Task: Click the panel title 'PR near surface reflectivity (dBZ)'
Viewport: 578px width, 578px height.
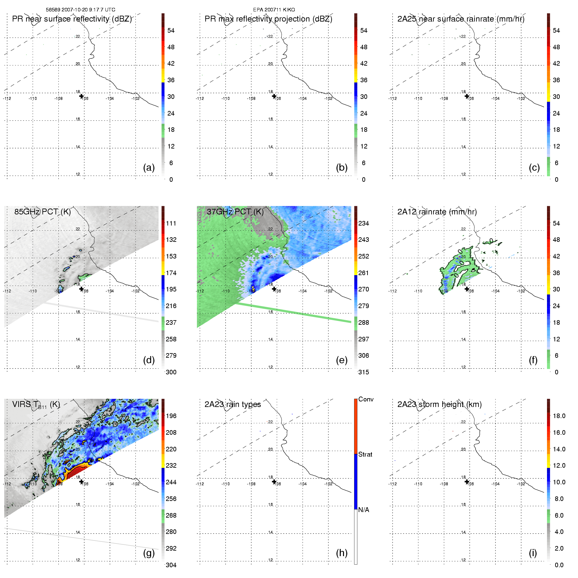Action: tap(72, 19)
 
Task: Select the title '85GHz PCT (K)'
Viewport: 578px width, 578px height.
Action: tap(42, 212)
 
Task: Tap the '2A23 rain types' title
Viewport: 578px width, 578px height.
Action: tap(232, 404)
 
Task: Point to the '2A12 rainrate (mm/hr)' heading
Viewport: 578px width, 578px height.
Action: tap(437, 212)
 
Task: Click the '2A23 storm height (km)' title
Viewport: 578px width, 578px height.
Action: tap(439, 404)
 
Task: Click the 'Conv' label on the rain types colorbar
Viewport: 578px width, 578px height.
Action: tap(366, 399)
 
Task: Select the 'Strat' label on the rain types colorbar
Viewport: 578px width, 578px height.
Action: tap(365, 454)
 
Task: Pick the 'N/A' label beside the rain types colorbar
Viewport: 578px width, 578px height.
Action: tap(364, 510)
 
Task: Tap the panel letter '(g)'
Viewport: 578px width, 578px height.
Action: tap(149, 553)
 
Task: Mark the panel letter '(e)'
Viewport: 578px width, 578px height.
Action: tap(341, 360)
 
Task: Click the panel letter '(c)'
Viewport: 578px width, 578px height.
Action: tap(534, 167)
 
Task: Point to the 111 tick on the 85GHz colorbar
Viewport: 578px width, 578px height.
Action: tap(171, 223)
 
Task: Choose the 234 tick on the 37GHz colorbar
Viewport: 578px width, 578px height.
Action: tap(364, 223)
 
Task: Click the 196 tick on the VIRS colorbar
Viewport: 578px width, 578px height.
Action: tap(171, 416)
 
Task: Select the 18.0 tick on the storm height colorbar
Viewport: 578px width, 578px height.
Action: tap(559, 416)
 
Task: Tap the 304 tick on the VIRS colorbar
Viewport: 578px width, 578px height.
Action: tap(171, 565)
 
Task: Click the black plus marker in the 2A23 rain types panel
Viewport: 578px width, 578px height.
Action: tap(274, 482)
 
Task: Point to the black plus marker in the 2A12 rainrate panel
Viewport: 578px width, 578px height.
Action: tap(467, 289)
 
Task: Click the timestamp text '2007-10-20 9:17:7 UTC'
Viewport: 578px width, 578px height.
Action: tap(88, 10)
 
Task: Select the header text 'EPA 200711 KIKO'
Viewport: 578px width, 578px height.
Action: tap(274, 10)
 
